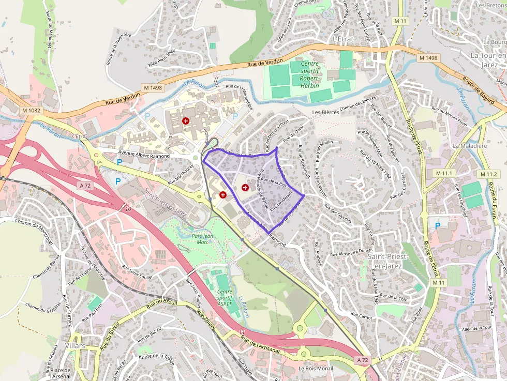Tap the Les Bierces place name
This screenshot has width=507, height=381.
[x=325, y=112]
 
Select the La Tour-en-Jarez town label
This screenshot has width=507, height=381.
[x=488, y=59]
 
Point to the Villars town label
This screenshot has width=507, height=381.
[x=76, y=345]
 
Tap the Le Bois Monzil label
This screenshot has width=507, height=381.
[x=316, y=369]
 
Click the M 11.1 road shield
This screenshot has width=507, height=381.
[x=444, y=173]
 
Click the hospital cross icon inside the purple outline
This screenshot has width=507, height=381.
[x=245, y=188]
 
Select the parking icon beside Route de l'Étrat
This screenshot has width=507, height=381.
[x=438, y=225]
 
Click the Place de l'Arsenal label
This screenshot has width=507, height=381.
[x=60, y=374]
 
